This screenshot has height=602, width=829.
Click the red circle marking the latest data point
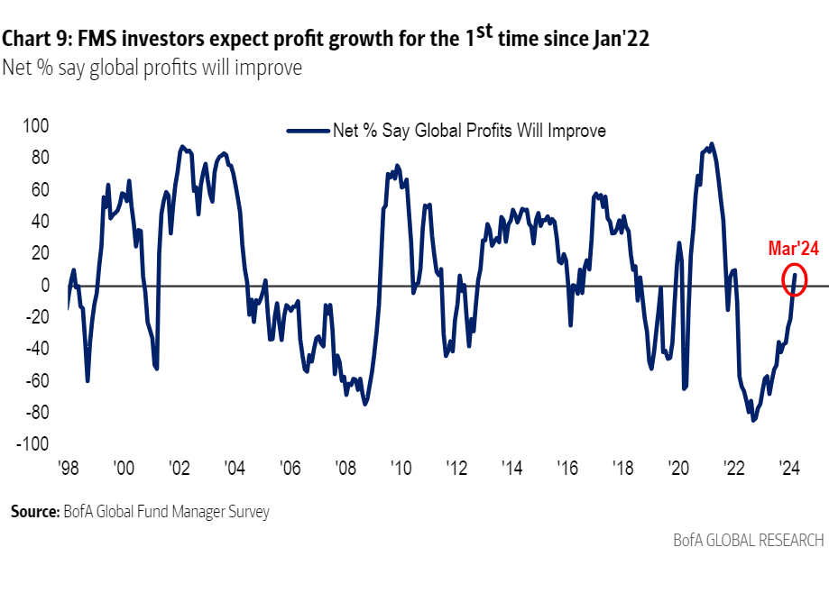[x=795, y=280]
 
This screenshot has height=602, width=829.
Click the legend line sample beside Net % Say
[x=307, y=131]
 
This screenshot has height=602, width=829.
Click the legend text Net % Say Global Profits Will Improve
[x=469, y=131]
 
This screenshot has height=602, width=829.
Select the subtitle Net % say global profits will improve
[x=152, y=68]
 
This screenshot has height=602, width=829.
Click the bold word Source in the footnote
[x=34, y=513]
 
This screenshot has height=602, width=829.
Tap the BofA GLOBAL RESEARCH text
[x=748, y=541]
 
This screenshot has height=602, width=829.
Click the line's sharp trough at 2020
[x=685, y=388]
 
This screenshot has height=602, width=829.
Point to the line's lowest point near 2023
[x=752, y=421]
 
